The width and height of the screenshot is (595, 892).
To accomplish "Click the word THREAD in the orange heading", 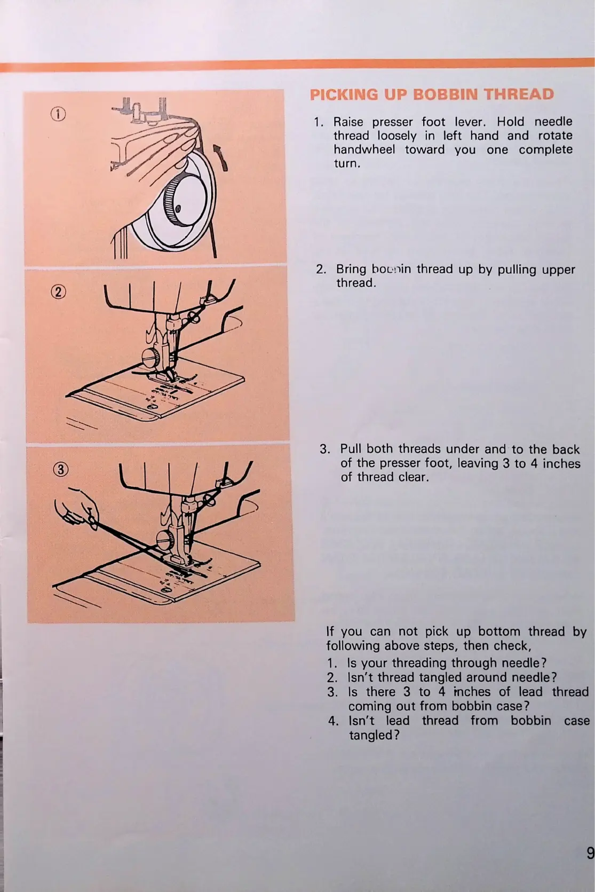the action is coord(519,95).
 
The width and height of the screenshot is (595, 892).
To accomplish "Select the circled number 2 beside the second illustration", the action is coord(59,292).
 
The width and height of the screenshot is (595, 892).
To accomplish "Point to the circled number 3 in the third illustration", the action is coord(62,470).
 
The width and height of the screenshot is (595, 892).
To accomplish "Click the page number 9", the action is coord(590,853).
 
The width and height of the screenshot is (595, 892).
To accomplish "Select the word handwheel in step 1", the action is coord(364,149).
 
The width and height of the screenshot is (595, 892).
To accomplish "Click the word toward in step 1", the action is coord(424,149).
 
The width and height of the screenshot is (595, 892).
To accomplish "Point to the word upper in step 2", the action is coord(558,269).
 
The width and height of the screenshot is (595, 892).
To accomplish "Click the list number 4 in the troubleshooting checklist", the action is coord(333,721).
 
